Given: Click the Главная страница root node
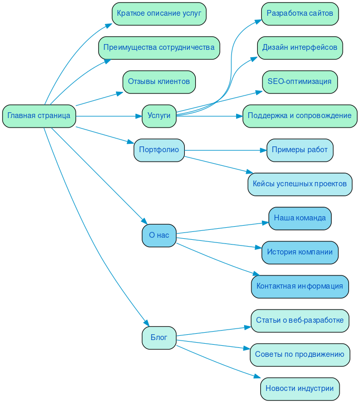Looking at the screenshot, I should (39, 116).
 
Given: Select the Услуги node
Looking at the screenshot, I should (159, 116).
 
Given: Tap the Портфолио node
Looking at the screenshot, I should (159, 150).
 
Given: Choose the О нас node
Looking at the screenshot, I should (159, 236).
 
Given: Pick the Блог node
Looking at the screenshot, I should (159, 338).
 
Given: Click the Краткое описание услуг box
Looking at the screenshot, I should (159, 14).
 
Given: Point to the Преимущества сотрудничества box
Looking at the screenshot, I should (159, 48).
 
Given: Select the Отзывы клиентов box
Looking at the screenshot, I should (159, 82).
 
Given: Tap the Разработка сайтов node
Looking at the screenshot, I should (300, 14).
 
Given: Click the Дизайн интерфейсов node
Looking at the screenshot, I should (300, 48).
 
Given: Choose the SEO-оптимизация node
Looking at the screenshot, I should (300, 82).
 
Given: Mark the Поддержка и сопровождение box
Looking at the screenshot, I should (300, 116).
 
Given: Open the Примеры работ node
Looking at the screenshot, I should (300, 150).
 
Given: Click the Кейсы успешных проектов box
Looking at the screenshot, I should (300, 184).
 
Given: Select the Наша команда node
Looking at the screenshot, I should (300, 218).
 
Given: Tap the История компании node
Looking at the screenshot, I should (300, 252).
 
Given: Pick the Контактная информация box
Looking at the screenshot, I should (300, 287).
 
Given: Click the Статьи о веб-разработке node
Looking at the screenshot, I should (300, 321).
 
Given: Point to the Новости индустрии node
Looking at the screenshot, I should (300, 389).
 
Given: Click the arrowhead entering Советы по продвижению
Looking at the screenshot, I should (247, 349).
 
